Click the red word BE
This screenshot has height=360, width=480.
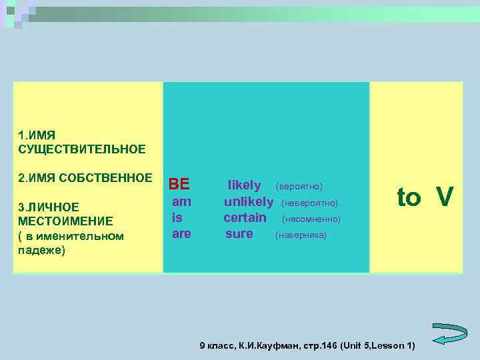[x=179, y=184]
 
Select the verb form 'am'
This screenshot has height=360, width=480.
[x=181, y=201]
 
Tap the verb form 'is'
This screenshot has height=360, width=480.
[x=177, y=217]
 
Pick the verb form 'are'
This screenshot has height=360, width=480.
[x=181, y=233]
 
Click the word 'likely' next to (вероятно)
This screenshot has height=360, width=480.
[x=245, y=185]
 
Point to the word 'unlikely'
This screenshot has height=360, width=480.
[x=249, y=201]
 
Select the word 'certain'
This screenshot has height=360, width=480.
[x=245, y=217]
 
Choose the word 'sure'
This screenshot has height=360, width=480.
[x=239, y=233]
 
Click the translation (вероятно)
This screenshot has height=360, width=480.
[x=299, y=186]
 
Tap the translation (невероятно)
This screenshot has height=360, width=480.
[x=310, y=203]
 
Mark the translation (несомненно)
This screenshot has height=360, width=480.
[x=311, y=219]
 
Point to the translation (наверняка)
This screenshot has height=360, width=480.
[x=301, y=235]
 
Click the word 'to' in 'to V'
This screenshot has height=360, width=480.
[x=409, y=197]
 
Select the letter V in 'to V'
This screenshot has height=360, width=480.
[x=445, y=197]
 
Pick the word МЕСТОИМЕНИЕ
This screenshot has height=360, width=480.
[x=65, y=221]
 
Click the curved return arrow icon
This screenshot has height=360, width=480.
[x=450, y=333]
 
